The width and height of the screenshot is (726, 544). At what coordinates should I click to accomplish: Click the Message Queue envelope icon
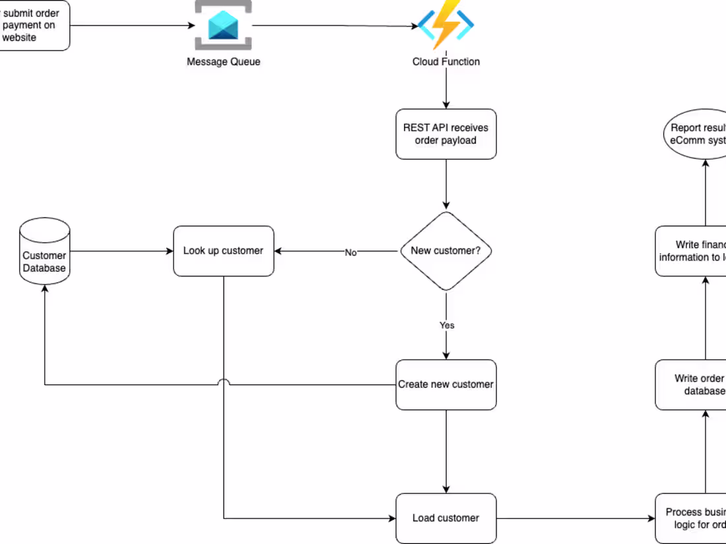223,26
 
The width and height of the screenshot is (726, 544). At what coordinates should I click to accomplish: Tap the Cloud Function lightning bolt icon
445,25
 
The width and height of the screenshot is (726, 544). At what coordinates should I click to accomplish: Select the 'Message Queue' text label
223,62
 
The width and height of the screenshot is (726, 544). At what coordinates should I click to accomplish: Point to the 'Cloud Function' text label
445,62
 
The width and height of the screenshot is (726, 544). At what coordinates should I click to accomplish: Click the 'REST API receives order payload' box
445,134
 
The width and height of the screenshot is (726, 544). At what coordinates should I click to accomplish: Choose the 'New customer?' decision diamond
445,251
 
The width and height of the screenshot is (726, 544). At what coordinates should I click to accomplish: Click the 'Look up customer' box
223,251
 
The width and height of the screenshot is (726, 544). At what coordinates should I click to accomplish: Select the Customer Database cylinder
44,251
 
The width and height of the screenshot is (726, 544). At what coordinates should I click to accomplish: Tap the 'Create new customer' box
445,384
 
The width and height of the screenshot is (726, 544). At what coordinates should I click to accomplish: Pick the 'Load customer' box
445,518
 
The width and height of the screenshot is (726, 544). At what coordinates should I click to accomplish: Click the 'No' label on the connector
350,253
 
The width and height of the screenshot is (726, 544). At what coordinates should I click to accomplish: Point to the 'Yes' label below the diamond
447,325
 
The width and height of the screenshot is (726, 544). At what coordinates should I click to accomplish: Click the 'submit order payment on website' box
33,26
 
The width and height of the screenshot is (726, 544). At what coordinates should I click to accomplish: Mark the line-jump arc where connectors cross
224,383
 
